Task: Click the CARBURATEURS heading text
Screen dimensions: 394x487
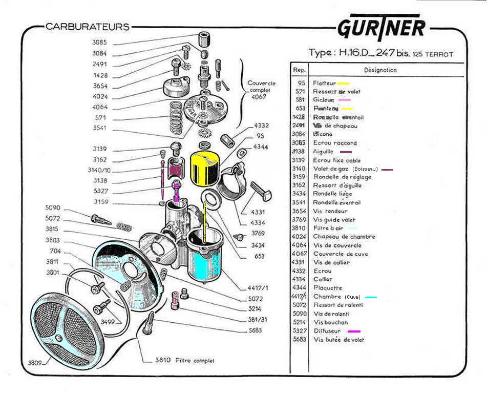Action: (x=88, y=27)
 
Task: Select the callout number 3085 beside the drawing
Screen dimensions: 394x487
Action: (x=100, y=43)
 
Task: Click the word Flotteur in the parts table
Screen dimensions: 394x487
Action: (x=324, y=83)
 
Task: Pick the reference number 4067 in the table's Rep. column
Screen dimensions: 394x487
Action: (x=299, y=254)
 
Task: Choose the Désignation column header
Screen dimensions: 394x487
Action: (x=380, y=70)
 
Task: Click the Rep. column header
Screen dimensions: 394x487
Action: (x=299, y=70)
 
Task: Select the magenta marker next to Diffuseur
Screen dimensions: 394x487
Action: (x=354, y=331)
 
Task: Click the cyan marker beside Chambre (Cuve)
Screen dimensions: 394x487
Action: (x=371, y=297)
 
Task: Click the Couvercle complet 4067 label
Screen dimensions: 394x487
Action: (x=261, y=90)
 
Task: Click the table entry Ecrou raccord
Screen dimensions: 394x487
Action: (x=335, y=143)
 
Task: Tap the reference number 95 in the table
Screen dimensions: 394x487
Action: (x=301, y=83)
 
